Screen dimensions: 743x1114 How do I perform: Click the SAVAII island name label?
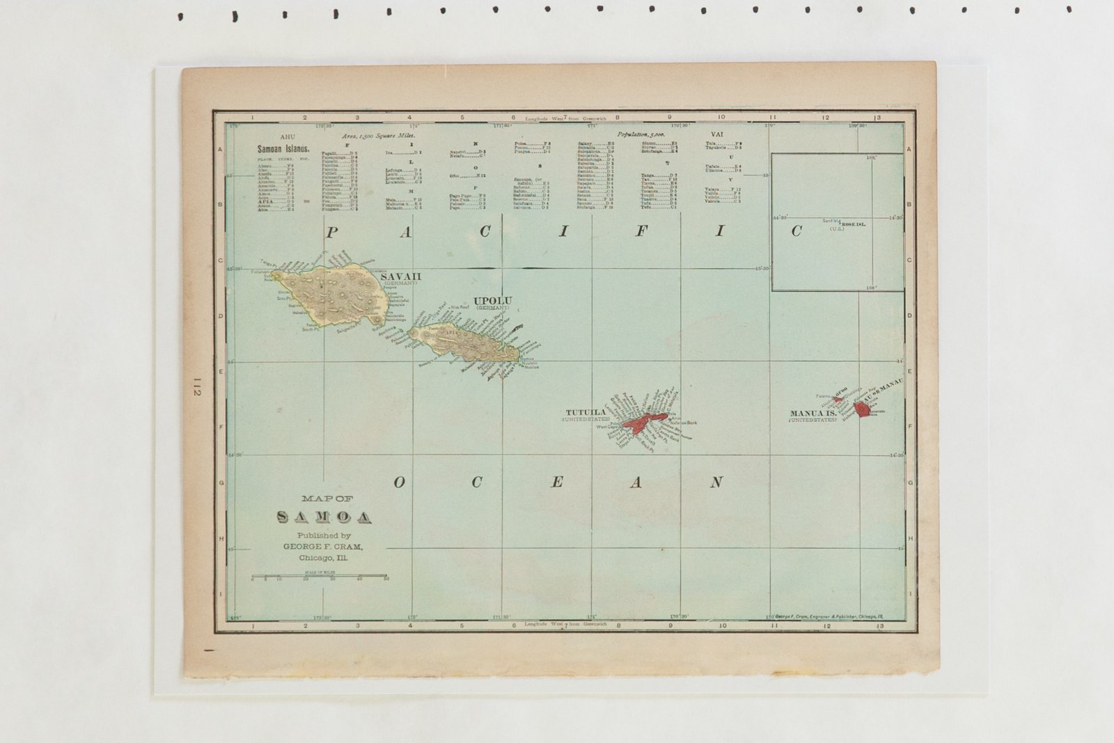(400, 276)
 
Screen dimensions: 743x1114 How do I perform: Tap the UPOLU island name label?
(492, 301)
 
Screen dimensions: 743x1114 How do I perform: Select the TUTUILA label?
(586, 412)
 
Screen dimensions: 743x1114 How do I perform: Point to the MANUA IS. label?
(813, 413)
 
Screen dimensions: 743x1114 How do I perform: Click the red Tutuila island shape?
(641, 421)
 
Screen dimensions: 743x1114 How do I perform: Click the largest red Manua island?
(863, 409)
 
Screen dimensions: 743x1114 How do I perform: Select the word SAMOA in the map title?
(324, 517)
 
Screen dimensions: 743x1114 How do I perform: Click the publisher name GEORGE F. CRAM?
(322, 547)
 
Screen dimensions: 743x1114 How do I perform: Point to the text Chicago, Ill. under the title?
(322, 558)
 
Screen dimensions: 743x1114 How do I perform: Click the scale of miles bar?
(319, 576)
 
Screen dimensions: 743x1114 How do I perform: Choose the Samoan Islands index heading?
(283, 149)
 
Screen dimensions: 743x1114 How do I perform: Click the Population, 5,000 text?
(641, 134)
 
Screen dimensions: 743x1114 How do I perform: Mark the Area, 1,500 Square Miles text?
(378, 136)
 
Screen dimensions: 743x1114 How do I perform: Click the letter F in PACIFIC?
(641, 232)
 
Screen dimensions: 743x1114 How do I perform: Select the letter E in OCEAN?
(557, 482)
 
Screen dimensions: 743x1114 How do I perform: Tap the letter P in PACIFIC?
(332, 233)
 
